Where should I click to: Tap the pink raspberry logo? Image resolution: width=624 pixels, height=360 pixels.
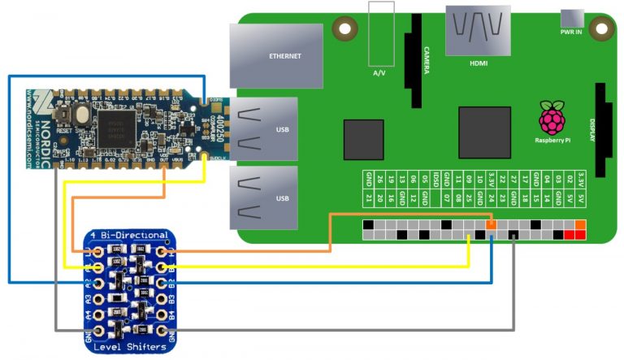[x=552, y=119]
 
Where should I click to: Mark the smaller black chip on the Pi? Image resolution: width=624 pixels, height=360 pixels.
[x=362, y=139]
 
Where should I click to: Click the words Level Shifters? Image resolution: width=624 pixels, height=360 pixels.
[x=129, y=348]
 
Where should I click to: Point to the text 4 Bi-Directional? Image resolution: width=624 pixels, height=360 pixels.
[x=130, y=236]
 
